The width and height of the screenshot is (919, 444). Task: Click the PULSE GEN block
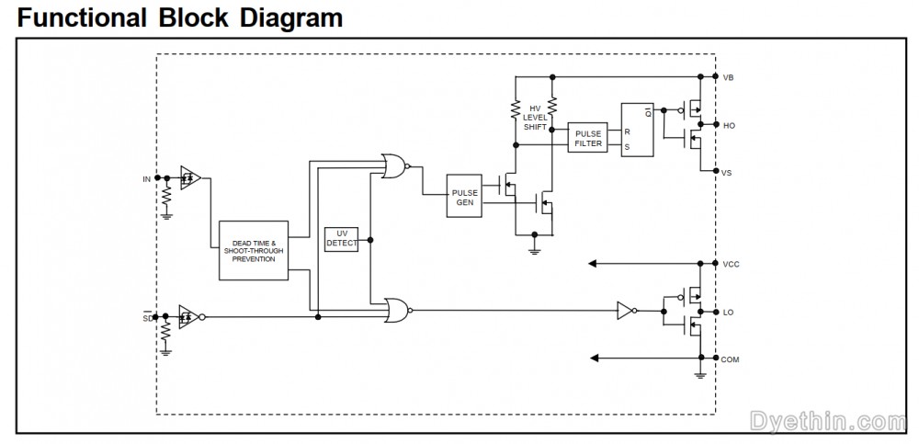click(464, 197)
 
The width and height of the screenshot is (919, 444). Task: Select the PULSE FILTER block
click(588, 139)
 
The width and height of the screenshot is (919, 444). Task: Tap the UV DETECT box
click(342, 239)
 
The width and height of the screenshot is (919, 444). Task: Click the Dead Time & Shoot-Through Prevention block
click(254, 250)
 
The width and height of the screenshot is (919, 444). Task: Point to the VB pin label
click(729, 77)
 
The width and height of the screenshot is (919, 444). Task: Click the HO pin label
click(729, 125)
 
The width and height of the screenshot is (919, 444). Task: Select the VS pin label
click(729, 173)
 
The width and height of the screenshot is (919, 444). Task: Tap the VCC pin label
click(731, 264)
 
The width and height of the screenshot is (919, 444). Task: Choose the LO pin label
click(729, 313)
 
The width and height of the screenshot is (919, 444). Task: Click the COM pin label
click(732, 359)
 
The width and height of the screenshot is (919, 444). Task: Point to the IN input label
click(146, 177)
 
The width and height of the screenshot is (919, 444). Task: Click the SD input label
click(146, 318)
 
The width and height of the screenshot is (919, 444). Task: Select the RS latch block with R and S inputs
click(639, 130)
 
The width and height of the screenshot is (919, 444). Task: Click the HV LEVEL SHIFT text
click(535, 117)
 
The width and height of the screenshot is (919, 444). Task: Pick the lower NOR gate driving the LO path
click(398, 310)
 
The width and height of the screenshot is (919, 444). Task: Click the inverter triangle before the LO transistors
click(625, 311)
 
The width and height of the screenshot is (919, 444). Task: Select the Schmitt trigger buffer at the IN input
click(190, 177)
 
